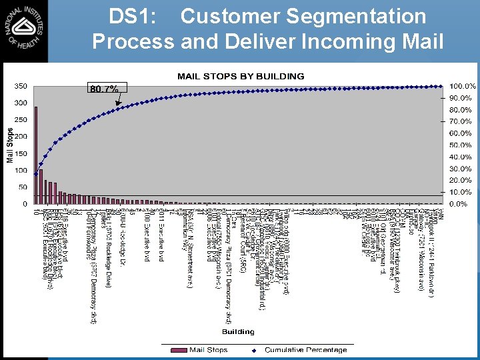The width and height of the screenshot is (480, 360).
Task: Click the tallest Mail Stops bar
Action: click(x=36, y=155)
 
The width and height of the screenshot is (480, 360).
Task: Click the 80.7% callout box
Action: click(x=104, y=89)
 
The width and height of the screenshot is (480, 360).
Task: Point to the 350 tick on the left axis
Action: click(x=21, y=86)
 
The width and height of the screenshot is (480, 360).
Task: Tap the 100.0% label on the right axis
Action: click(x=462, y=87)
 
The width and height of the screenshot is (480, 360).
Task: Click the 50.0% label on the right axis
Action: click(x=462, y=145)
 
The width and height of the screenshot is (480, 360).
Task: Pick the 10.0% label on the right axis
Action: click(x=462, y=192)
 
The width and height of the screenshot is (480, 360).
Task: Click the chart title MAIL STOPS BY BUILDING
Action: click(x=241, y=76)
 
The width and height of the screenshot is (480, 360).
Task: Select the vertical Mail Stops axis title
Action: click(x=10, y=145)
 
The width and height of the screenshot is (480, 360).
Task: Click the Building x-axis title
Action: click(x=238, y=331)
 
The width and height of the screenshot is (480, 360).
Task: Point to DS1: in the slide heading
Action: click(x=134, y=16)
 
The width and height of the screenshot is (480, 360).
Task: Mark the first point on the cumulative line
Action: click(x=35, y=174)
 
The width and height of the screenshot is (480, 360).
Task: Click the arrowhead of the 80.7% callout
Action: click(x=119, y=106)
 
